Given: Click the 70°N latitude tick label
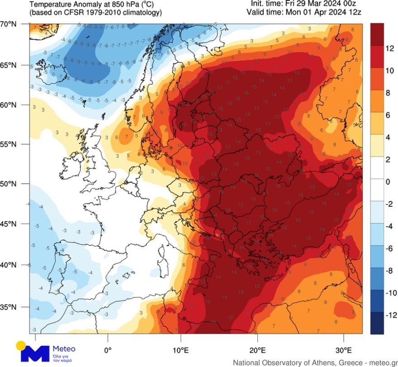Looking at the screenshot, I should [9, 24].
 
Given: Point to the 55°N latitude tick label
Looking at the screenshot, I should [9, 144].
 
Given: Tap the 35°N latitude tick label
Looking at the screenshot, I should [9, 307].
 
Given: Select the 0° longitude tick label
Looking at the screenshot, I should [108, 350].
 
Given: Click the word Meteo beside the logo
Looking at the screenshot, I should [64, 348].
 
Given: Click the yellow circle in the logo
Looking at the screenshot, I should [20, 346].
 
